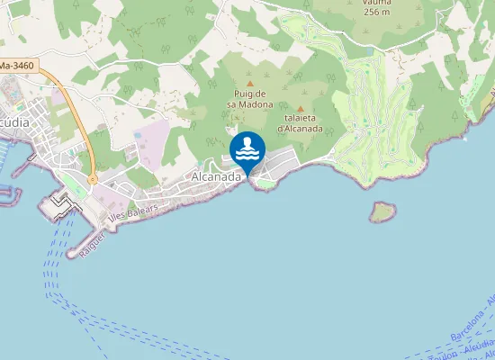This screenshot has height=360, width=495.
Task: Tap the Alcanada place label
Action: click(x=217, y=177)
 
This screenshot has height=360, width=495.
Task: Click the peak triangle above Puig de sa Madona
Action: click(x=250, y=84)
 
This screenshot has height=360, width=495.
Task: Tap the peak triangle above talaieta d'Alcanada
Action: click(x=301, y=108)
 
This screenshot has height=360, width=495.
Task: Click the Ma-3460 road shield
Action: click(x=19, y=66)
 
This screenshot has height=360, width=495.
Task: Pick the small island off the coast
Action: click(x=382, y=211)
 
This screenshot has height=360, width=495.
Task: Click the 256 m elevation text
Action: click(x=377, y=12)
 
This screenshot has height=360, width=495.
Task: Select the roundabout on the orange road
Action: click(x=93, y=180)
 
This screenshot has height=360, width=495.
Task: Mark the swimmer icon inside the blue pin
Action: click(x=247, y=148)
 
